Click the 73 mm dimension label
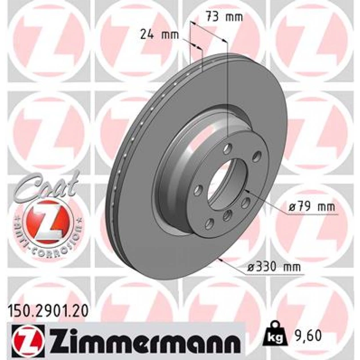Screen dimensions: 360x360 tap(224, 17)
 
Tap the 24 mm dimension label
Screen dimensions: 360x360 tap(159, 34)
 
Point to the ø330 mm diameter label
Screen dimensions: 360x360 tap(274, 267)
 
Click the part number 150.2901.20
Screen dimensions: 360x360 tap(48, 311)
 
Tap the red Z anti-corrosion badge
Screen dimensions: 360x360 tap(48, 222)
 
